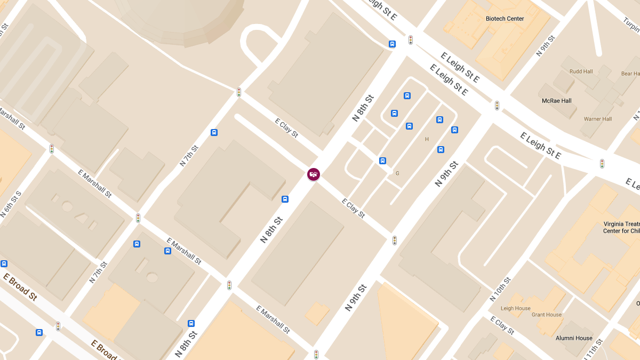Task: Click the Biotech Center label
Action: [x=505, y=19]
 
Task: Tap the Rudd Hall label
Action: [x=581, y=71]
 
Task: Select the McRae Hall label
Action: [x=556, y=101]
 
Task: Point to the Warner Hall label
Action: [x=597, y=119]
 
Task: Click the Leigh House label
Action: [x=515, y=308]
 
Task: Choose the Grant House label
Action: [x=547, y=315]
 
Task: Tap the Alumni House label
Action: [x=574, y=338]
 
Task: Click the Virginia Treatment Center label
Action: [x=621, y=227]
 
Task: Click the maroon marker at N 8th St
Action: [x=314, y=174]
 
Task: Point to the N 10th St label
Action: [x=500, y=290]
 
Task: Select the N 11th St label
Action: [x=593, y=349]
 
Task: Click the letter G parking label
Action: [x=397, y=173]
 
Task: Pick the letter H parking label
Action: [x=427, y=139]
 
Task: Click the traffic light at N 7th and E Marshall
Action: [x=138, y=218]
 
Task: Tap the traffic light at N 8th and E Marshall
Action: [x=229, y=285]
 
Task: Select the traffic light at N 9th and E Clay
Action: [x=395, y=241]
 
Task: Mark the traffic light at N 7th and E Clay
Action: [x=239, y=92]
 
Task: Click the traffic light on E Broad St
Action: [x=58, y=326]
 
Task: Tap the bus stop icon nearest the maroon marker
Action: [x=285, y=199]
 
